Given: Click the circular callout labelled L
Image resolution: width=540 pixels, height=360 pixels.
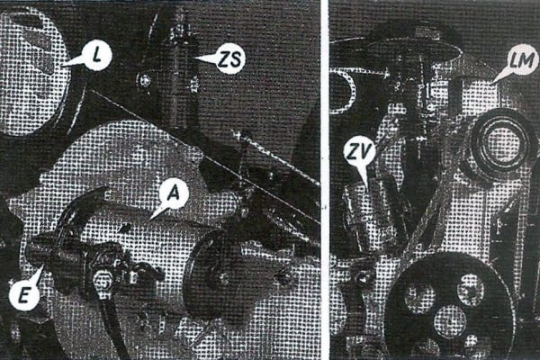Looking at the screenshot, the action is pyautogui.click(x=98, y=55).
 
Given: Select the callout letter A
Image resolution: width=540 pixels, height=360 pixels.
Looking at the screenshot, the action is pyautogui.click(x=175, y=193).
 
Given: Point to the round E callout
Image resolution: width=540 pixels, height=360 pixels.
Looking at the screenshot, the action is pyautogui.click(x=23, y=294).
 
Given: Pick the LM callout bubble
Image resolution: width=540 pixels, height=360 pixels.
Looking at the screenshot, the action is pyautogui.click(x=522, y=60).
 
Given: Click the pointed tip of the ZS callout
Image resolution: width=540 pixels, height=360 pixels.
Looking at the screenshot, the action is pyautogui.click(x=193, y=58).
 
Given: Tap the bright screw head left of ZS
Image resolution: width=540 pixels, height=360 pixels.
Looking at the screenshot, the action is pyautogui.click(x=145, y=81).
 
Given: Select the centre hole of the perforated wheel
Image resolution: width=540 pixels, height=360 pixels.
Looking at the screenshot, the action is pyautogui.click(x=450, y=320).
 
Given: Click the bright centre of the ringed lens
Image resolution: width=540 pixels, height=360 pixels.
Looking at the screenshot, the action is pyautogui.click(x=499, y=141).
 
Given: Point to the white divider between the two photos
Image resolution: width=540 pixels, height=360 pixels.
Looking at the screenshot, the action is pyautogui.click(x=325, y=180).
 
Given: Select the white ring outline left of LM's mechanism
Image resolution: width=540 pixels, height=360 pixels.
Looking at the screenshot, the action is pyautogui.click(x=352, y=90).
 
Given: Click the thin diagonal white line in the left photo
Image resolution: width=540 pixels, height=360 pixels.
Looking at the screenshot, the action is pyautogui.click(x=204, y=156).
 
